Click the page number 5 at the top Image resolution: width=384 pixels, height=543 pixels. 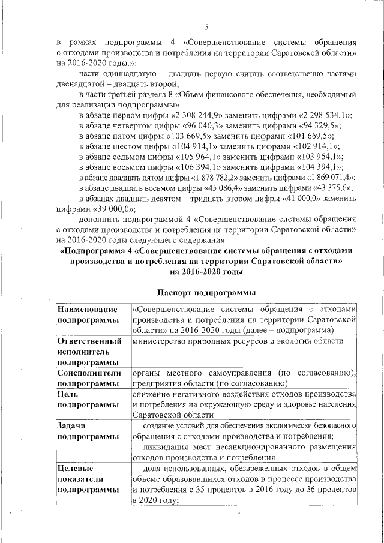coord(206,27)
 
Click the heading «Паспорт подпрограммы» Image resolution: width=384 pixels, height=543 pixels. coord(208,292)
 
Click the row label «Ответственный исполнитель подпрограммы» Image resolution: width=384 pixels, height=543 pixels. coord(88,352)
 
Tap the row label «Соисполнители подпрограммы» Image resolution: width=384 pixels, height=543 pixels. coord(88,378)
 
